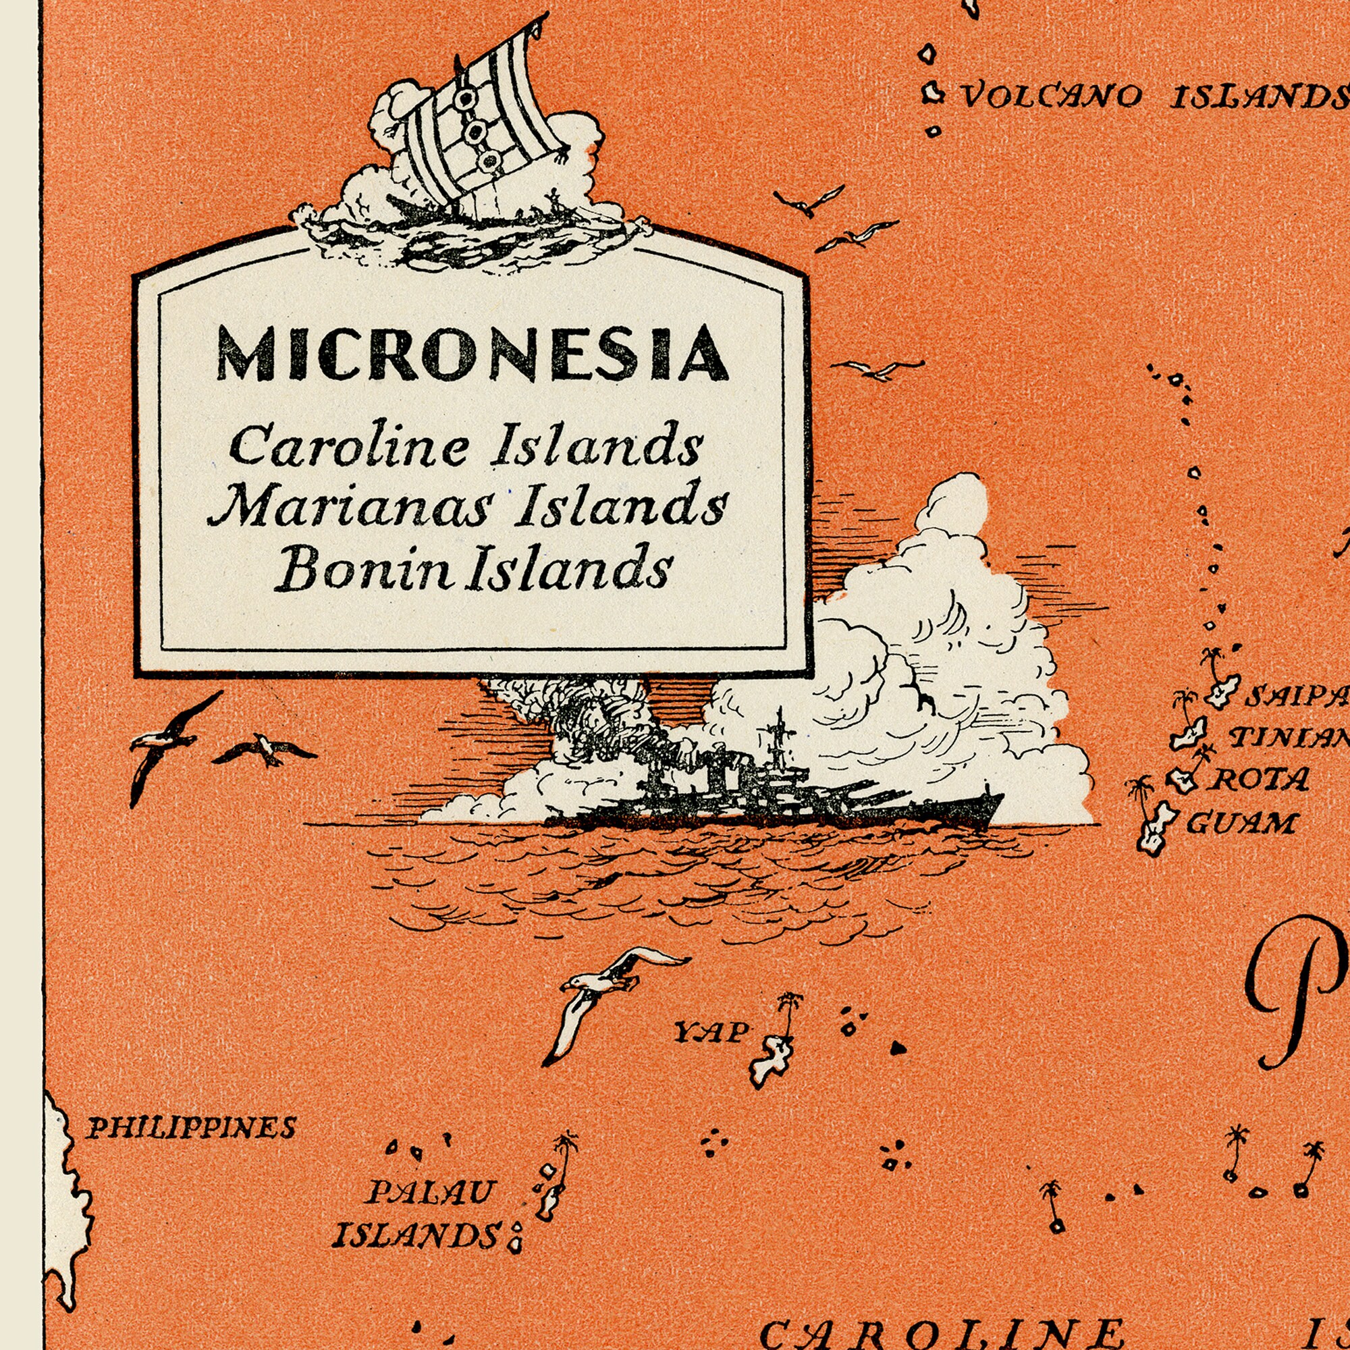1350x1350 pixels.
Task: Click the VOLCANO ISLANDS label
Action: coord(1153,97)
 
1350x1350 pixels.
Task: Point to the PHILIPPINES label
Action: coord(192,1128)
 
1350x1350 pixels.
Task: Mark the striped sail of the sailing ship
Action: coord(482,119)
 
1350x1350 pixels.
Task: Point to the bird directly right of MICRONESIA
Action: coord(877,369)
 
